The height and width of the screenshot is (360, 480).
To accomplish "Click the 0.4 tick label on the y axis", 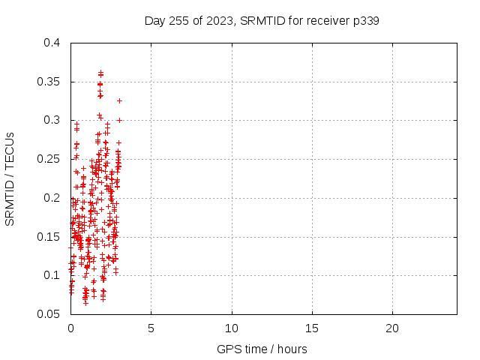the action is (52, 43).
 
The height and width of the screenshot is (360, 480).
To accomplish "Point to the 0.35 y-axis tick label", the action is (48, 82).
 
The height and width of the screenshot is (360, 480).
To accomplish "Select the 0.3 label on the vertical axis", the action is (52, 120).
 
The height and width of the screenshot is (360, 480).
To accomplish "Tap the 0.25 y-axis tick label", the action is (48, 159).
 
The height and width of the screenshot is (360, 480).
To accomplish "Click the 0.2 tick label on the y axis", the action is (52, 198).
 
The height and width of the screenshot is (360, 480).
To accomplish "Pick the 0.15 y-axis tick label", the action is (48, 237).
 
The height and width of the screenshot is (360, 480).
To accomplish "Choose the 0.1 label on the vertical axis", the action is (52, 275).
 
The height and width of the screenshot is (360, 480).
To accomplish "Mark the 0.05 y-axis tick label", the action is (48, 314).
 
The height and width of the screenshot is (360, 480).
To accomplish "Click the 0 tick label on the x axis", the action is (70, 328).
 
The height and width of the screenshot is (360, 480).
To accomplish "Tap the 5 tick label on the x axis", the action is (151, 328).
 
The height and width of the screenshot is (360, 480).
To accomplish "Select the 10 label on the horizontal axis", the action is (232, 328).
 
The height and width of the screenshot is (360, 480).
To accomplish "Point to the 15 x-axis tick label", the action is (312, 328).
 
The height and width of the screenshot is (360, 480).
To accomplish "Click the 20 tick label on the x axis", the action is (392, 328).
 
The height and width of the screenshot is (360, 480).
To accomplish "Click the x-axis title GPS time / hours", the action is (262, 349).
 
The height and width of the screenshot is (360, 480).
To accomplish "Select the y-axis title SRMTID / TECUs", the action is (10, 179).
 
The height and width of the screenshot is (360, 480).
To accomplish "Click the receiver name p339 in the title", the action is (366, 21).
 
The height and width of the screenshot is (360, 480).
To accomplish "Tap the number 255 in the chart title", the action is (178, 21).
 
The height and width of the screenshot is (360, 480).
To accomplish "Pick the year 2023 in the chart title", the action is (220, 21).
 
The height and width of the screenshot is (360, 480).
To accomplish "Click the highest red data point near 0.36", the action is (100, 73).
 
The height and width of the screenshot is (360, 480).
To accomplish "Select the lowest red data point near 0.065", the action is (85, 303).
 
